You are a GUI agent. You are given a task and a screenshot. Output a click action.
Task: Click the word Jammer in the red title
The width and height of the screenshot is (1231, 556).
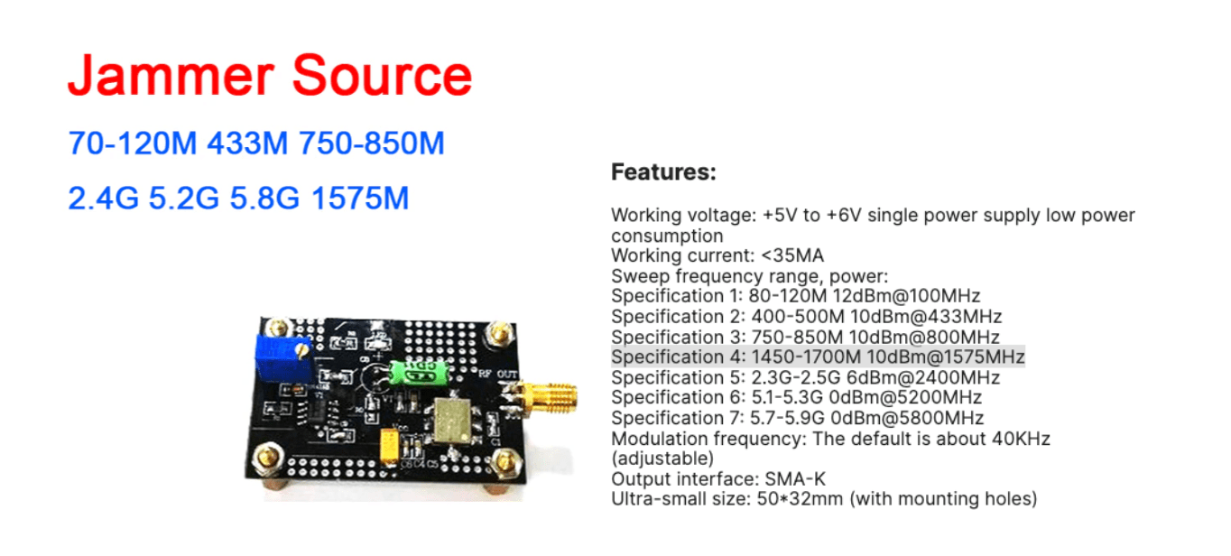pos(171,76)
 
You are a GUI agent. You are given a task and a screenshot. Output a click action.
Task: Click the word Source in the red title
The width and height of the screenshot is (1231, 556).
pos(382,76)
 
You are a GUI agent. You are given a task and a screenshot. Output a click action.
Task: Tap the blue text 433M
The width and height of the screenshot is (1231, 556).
pos(247,144)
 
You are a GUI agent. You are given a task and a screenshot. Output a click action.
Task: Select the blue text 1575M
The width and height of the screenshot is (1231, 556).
pos(360,199)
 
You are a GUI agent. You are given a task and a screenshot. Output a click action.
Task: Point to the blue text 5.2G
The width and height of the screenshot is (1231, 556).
pos(183,199)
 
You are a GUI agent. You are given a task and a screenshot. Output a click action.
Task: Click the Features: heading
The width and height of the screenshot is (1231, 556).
pos(664,172)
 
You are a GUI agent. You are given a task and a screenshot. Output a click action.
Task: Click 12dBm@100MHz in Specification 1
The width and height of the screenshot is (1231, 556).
pos(906,296)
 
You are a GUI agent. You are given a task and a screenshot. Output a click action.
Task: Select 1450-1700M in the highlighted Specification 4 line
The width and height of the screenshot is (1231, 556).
pos(806,357)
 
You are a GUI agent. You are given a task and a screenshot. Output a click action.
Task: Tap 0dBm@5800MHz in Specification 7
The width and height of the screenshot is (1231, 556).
pos(907,418)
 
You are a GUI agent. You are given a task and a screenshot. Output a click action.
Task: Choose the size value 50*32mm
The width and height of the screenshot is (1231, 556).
pos(800,499)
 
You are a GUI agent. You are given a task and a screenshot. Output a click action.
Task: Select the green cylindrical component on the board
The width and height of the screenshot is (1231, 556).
pos(419,373)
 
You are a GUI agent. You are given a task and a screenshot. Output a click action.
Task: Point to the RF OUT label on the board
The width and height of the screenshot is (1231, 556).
pos(498,375)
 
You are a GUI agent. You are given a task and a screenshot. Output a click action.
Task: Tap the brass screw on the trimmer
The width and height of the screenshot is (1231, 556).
pos(301,350)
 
